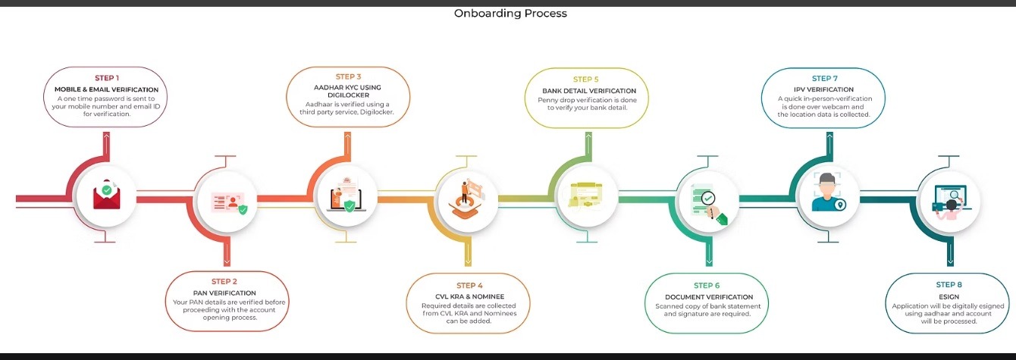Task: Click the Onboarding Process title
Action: [510, 13]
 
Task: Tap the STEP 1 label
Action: [107, 78]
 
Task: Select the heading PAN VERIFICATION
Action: [224, 293]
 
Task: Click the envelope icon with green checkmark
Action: [107, 198]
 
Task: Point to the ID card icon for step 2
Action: [229, 202]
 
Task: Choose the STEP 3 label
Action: [349, 77]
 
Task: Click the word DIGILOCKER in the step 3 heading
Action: [349, 96]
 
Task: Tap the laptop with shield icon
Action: [347, 197]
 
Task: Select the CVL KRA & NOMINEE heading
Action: [465, 296]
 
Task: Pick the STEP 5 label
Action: [586, 79]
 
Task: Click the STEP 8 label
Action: [949, 285]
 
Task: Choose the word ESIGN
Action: [949, 296]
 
